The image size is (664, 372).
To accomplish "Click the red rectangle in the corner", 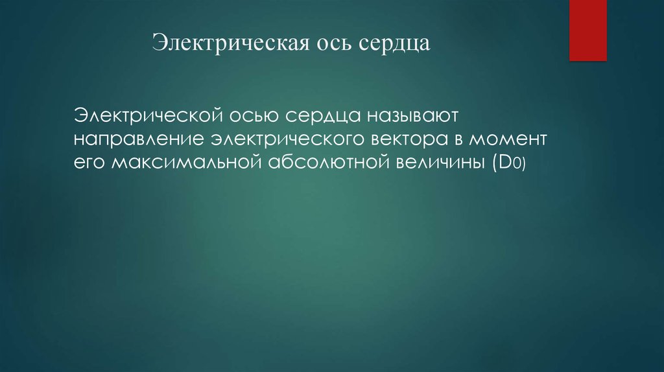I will point(587,30).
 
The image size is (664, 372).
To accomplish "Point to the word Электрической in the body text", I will point(152,116).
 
